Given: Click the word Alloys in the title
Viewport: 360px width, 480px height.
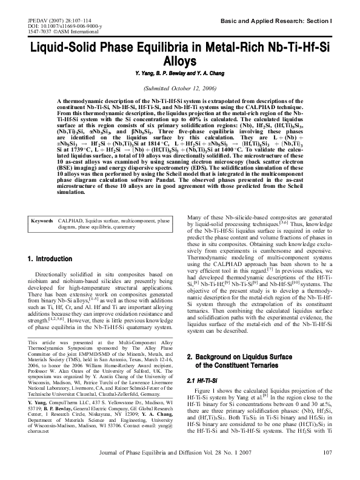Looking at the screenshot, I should (x=181, y=61).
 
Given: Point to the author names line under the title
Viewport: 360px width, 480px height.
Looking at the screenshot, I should (x=180, y=73).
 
